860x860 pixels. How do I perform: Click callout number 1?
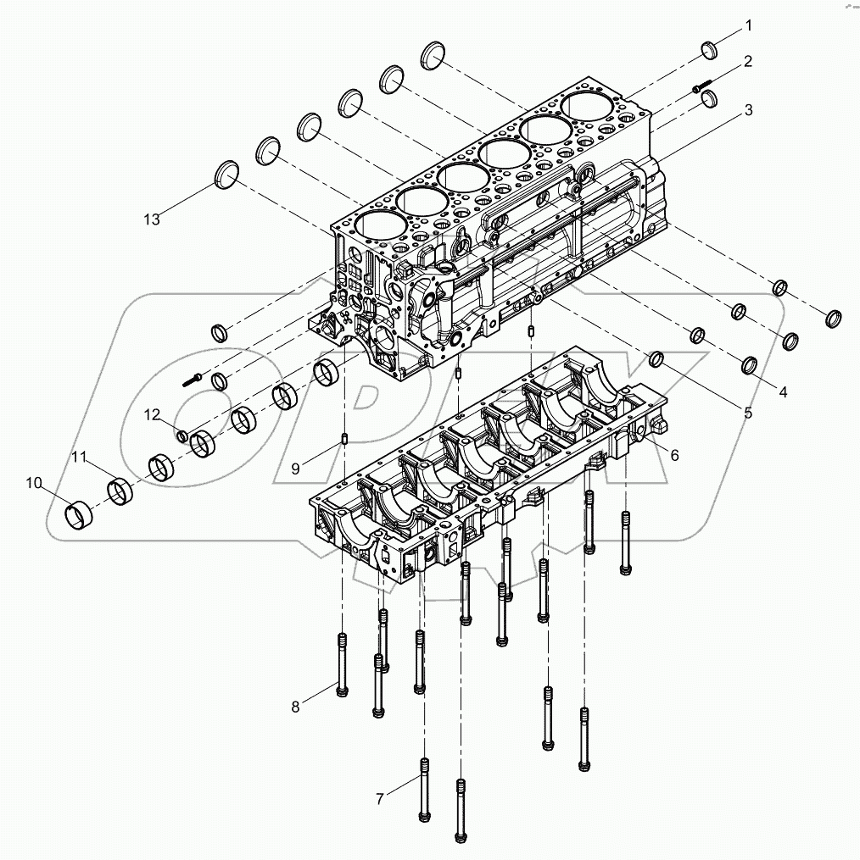pyautogui.click(x=748, y=27)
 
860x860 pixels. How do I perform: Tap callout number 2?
pyautogui.click(x=748, y=61)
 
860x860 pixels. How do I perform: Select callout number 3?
pyautogui.click(x=748, y=109)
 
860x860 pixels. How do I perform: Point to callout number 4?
pyautogui.click(x=783, y=392)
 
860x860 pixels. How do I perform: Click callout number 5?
pyautogui.click(x=748, y=413)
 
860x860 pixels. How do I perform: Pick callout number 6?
pyautogui.click(x=674, y=455)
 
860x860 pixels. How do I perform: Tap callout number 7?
pyautogui.click(x=381, y=797)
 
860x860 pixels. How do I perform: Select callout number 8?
pyautogui.click(x=295, y=707)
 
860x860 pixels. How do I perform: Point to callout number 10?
pyautogui.click(x=33, y=483)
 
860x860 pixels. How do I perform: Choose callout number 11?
pyautogui.click(x=79, y=458)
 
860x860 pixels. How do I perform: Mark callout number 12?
pyautogui.click(x=151, y=414)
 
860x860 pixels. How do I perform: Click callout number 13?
pyautogui.click(x=151, y=219)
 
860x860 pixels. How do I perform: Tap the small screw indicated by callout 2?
pyautogui.click(x=701, y=86)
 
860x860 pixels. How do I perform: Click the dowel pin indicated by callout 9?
pyautogui.click(x=346, y=439)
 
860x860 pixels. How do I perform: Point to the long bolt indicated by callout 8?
pyautogui.click(x=341, y=666)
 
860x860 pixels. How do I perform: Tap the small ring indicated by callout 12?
pyautogui.click(x=181, y=436)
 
